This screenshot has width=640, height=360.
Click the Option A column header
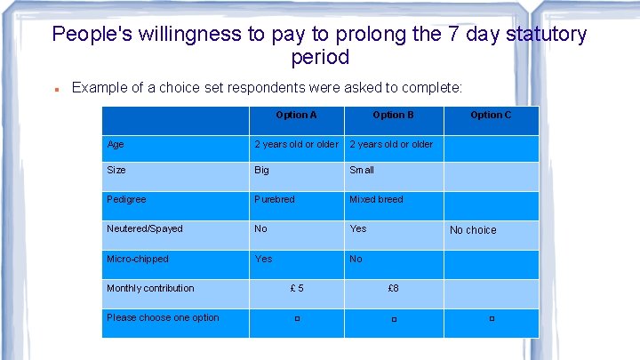(296, 115)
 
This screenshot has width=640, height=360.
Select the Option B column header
(393, 115)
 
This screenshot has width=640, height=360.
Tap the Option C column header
(491, 115)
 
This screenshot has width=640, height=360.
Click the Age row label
(116, 144)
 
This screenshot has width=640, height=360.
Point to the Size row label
(116, 170)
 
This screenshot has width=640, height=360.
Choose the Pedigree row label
(126, 199)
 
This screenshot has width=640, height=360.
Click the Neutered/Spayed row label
(145, 228)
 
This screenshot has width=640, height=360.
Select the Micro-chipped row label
(138, 259)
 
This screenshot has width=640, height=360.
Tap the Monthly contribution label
(150, 288)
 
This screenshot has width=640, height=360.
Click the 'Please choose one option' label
(163, 317)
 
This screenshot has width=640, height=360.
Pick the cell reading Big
(262, 170)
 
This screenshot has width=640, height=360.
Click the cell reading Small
(362, 170)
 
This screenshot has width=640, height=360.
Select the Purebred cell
(275, 199)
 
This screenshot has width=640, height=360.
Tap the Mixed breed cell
(376, 199)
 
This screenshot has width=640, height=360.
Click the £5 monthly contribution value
(297, 288)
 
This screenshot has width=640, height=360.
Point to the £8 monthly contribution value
(393, 288)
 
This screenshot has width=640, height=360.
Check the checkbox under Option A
(297, 318)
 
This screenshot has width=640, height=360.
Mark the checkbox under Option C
(491, 318)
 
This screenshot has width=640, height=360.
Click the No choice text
(473, 230)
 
